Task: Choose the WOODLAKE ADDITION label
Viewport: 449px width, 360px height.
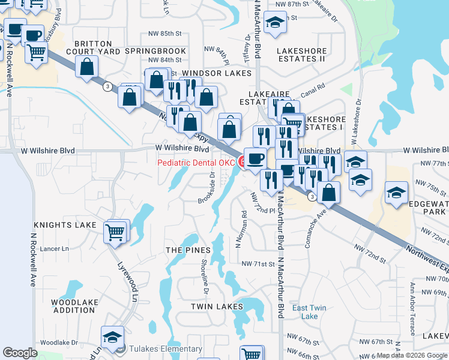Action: [74, 306]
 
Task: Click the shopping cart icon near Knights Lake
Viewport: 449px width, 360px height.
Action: [116, 231]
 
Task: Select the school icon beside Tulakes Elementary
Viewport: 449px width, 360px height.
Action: [112, 338]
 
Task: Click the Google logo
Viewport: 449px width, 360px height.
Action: [20, 353]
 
